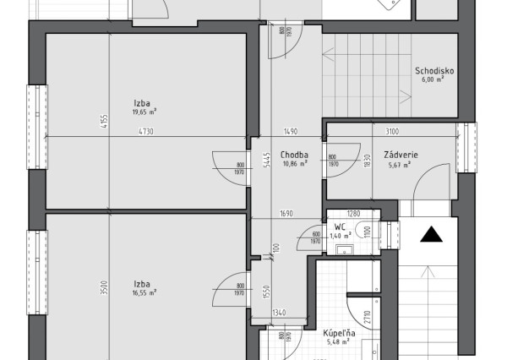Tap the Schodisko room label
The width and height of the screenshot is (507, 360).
(x=434, y=72)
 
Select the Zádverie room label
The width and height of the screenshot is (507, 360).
(x=398, y=155)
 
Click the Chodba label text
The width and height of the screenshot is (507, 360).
(x=293, y=155)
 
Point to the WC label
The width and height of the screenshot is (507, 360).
(x=339, y=227)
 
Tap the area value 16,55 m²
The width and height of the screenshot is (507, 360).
(x=144, y=292)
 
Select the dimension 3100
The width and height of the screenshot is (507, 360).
(x=391, y=132)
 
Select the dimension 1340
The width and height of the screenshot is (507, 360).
(x=279, y=313)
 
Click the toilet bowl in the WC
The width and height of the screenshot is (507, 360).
(x=363, y=230)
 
